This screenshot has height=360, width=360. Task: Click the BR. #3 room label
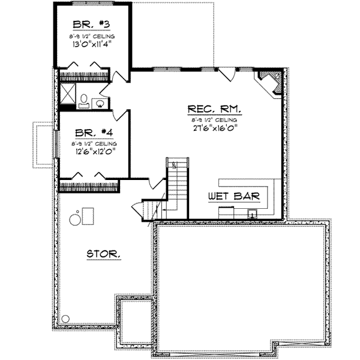(91, 25)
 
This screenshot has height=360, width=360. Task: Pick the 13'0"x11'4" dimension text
(92, 43)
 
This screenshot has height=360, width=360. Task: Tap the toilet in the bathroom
(83, 100)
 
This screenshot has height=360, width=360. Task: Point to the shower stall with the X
(68, 95)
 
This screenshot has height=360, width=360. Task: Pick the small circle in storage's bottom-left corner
(65, 319)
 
